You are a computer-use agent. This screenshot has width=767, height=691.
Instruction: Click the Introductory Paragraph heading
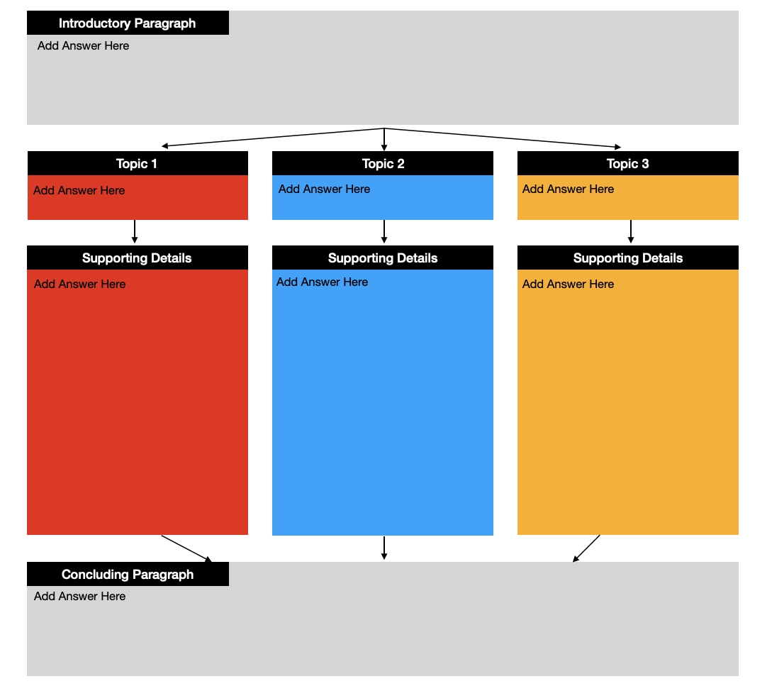[127, 23]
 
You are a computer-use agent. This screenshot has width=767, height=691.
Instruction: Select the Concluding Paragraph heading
[128, 575]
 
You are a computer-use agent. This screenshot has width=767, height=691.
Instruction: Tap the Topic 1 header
[137, 164]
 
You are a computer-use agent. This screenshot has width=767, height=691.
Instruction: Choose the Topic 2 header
[383, 164]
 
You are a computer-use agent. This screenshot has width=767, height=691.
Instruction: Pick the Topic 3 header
[627, 164]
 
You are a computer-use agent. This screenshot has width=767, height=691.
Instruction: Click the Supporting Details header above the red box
[137, 258]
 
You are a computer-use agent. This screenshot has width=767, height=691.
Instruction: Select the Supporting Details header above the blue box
[383, 258]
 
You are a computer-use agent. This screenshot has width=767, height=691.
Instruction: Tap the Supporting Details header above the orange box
[628, 258]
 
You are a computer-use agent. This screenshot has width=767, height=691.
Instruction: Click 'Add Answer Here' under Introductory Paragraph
[83, 45]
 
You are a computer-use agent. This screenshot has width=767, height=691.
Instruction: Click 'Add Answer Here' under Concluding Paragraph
[79, 596]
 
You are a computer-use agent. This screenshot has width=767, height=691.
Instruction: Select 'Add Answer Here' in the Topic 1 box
[79, 191]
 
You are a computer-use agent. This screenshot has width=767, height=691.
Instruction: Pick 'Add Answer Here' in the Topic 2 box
[325, 189]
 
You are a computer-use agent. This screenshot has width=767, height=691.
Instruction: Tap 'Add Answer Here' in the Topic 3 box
[568, 189]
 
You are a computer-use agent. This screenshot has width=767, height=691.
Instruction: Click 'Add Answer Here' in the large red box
[79, 284]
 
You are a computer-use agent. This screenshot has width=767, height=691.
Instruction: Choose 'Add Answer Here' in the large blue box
[322, 282]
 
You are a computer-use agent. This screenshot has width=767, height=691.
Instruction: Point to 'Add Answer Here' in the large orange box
[568, 284]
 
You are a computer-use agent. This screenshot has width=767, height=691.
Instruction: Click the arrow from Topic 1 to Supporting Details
[135, 232]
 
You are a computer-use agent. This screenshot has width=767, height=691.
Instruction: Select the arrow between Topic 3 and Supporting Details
[631, 232]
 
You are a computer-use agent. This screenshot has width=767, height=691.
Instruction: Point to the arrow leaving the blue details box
[384, 548]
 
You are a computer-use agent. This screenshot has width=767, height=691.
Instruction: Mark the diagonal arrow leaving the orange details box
[586, 548]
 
